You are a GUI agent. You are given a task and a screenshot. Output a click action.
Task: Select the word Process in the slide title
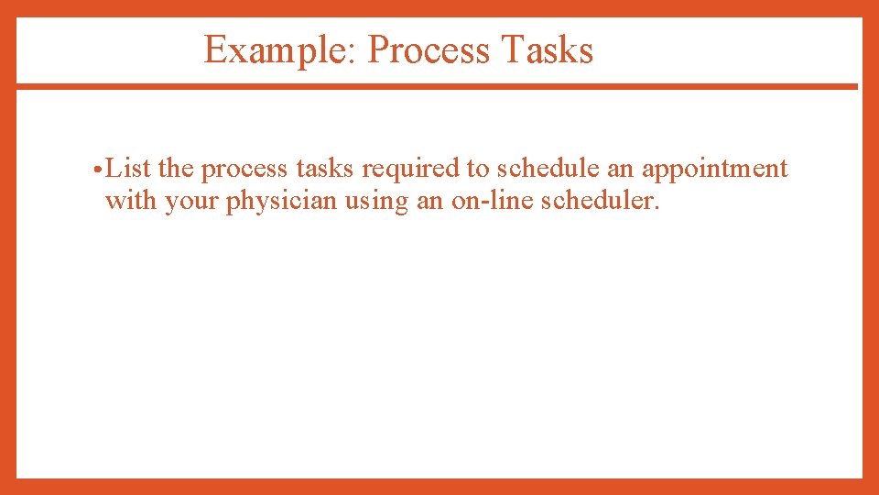pyautogui.click(x=429, y=49)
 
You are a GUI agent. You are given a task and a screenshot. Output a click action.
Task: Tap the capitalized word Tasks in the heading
pyautogui.click(x=548, y=49)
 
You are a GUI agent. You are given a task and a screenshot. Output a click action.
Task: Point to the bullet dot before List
pyautogui.click(x=97, y=170)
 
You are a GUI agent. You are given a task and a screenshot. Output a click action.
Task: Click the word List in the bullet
pyautogui.click(x=128, y=169)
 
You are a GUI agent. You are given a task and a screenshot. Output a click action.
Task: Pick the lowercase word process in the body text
pyautogui.click(x=244, y=170)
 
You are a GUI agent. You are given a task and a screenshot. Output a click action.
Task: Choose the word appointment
pyautogui.click(x=714, y=170)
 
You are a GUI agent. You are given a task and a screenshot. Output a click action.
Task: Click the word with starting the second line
pyautogui.click(x=131, y=201)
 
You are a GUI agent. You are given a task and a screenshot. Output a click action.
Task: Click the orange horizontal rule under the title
pyautogui.click(x=437, y=86)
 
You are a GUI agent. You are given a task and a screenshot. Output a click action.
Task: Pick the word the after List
pyautogui.click(x=176, y=169)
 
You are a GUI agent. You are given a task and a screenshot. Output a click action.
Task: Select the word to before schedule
pyautogui.click(x=479, y=170)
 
